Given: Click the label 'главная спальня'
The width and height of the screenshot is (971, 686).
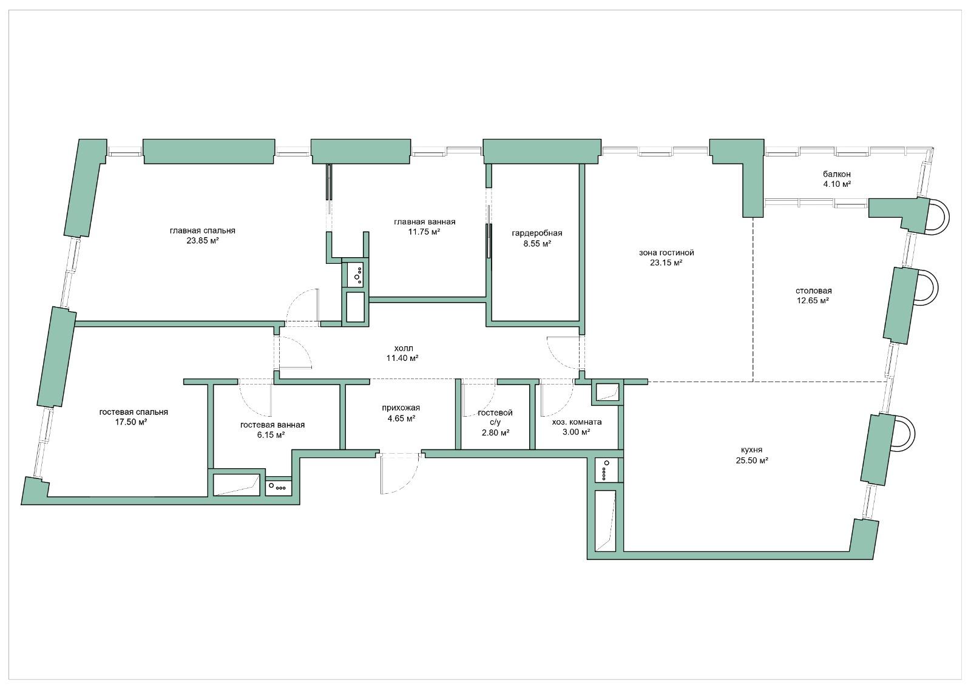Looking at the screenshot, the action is pyautogui.click(x=203, y=230).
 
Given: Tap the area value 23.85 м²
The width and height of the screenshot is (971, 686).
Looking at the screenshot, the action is pyautogui.click(x=203, y=241).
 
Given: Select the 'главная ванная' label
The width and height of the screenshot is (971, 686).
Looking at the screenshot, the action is pyautogui.click(x=424, y=222).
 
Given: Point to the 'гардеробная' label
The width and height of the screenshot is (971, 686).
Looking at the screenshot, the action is pyautogui.click(x=537, y=233).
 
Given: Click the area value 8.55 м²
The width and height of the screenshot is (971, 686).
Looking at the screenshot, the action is pyautogui.click(x=537, y=244).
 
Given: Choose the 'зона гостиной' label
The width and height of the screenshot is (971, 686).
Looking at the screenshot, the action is pyautogui.click(x=667, y=252).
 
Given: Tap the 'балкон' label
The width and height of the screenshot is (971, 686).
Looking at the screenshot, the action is pyautogui.click(x=837, y=174).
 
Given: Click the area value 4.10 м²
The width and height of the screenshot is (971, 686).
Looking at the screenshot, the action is pyautogui.click(x=837, y=184).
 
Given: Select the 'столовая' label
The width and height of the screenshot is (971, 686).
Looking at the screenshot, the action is pyautogui.click(x=814, y=291).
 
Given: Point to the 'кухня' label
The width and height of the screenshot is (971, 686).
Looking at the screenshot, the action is pyautogui.click(x=752, y=450).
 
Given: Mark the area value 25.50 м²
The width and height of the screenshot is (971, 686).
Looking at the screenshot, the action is pyautogui.click(x=752, y=460).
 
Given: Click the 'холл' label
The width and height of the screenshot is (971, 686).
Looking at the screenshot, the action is pyautogui.click(x=403, y=348).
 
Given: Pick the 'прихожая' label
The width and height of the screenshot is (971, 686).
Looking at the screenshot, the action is pyautogui.click(x=401, y=408).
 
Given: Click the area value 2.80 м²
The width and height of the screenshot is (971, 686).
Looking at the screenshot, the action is pyautogui.click(x=495, y=432).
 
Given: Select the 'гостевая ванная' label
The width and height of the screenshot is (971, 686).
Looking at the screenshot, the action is pyautogui.click(x=272, y=425).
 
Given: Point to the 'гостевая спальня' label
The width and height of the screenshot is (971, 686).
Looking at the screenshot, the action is pyautogui.click(x=134, y=412).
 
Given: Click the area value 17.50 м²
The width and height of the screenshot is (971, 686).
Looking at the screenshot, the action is pyautogui.click(x=130, y=422).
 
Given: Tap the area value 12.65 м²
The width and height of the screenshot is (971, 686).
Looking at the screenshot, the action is pyautogui.click(x=813, y=301).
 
